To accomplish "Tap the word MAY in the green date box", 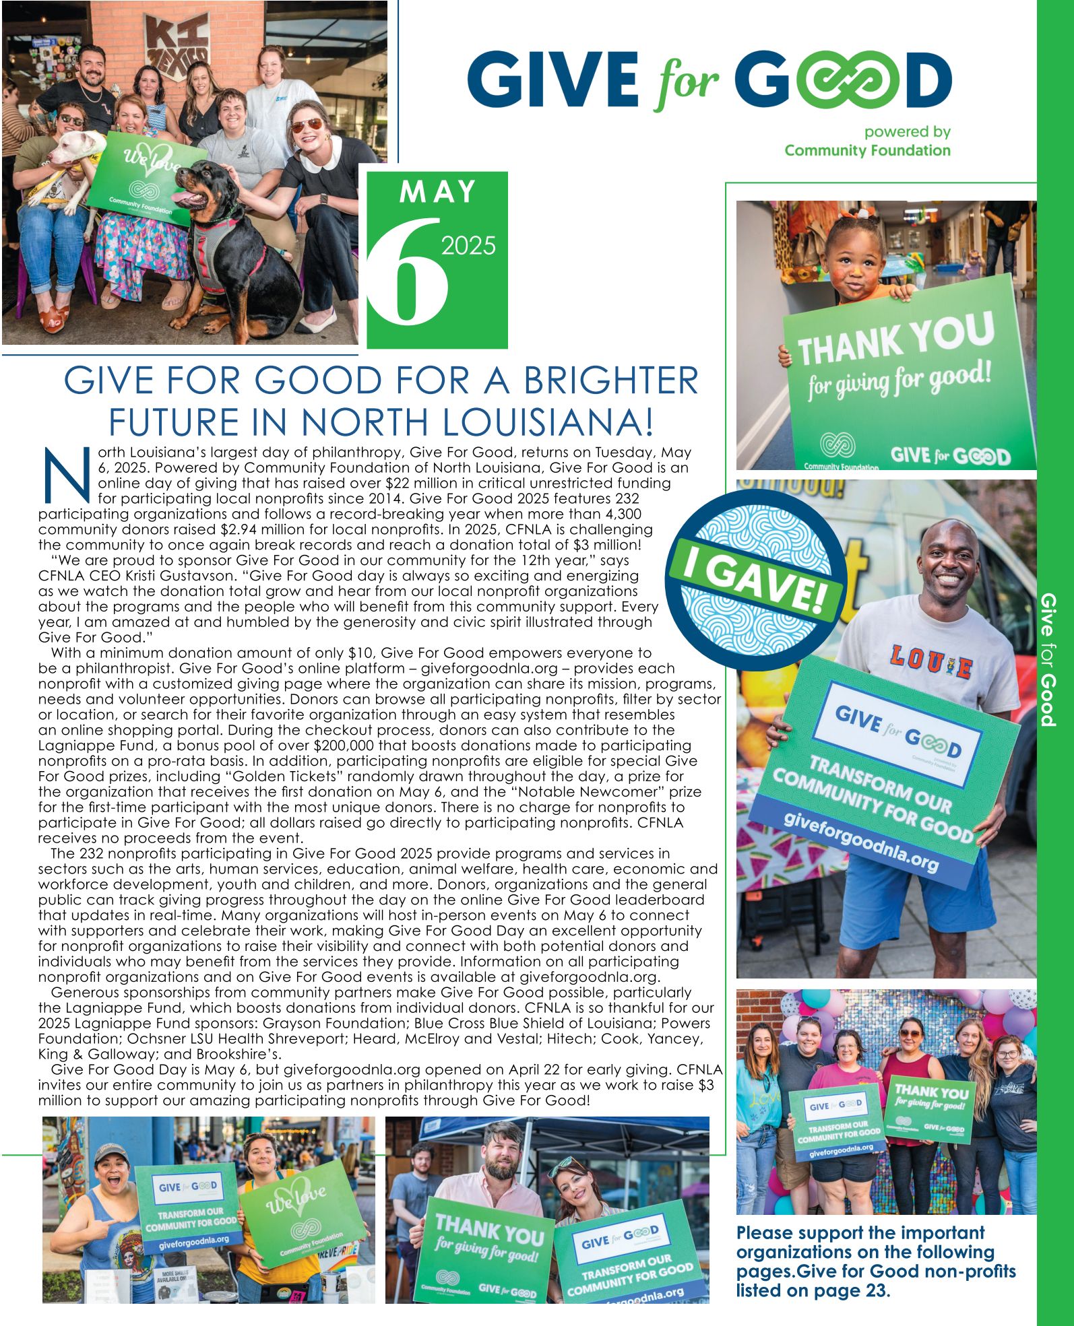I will click(x=438, y=193).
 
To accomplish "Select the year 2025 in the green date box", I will click(x=468, y=246).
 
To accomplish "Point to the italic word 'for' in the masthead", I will click(x=687, y=84).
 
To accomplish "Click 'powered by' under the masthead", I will click(x=907, y=132).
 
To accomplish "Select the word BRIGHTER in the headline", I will click(x=611, y=380).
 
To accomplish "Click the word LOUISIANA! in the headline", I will click(x=548, y=422).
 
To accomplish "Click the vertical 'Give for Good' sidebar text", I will click(x=1048, y=659).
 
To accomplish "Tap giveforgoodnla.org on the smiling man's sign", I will click(x=861, y=842).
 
